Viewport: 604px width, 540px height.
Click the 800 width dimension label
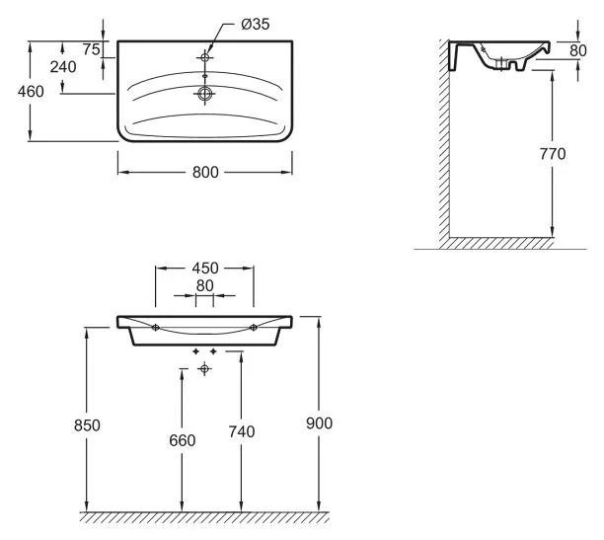coord(204,172)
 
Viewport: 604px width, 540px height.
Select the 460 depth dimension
coord(14,91)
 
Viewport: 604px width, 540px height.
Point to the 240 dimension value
coord(62,67)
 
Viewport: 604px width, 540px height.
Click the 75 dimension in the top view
coord(91,49)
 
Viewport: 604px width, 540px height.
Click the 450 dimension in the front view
coord(204,269)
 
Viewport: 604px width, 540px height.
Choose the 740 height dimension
coord(241,431)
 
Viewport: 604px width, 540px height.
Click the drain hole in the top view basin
coord(204,95)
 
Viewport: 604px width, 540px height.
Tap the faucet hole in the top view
coord(204,55)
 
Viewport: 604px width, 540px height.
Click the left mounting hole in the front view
coord(156,327)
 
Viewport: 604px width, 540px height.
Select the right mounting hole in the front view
coord(254,327)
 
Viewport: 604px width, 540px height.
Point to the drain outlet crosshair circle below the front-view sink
coord(204,368)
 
